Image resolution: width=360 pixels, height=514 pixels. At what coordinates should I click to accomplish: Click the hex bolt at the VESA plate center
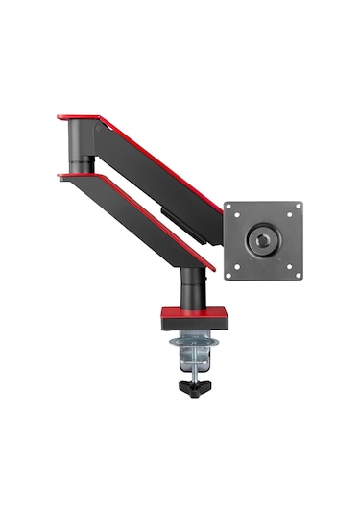coord(263,240)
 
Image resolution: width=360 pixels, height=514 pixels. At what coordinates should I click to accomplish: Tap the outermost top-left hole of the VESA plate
coord(229,207)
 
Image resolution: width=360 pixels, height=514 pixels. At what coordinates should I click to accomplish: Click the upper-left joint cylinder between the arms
coord(80,149)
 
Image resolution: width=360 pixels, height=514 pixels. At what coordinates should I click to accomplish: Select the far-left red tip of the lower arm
coord(62,175)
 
